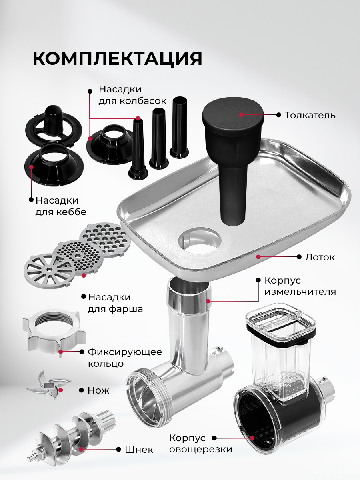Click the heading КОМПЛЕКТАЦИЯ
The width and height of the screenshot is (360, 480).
(117, 59)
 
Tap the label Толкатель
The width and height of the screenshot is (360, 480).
(310, 115)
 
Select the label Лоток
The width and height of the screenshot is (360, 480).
(320, 257)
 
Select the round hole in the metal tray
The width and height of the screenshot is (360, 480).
(199, 241)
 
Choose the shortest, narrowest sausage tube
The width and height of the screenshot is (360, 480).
(138, 149)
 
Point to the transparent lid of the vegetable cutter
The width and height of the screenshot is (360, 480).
(281, 320)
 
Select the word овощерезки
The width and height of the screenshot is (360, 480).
(200, 450)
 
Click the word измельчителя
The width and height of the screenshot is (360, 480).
(300, 292)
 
